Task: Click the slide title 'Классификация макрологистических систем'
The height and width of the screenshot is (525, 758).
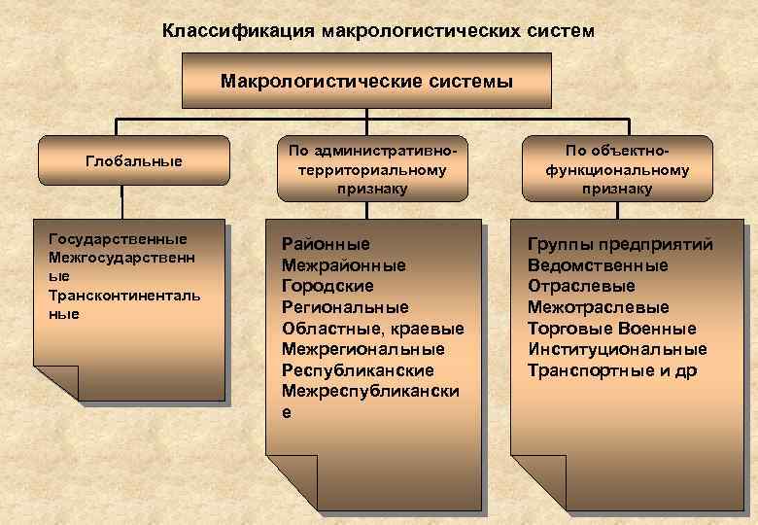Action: click(x=378, y=30)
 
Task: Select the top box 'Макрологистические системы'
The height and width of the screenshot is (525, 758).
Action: click(x=366, y=80)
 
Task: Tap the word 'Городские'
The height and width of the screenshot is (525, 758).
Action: click(x=327, y=286)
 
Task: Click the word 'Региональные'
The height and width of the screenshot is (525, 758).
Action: click(x=345, y=307)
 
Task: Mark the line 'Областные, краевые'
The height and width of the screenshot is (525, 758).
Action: click(x=373, y=329)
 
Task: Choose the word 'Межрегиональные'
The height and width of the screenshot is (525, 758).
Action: click(x=362, y=349)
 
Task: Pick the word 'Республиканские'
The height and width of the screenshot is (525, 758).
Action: click(x=358, y=370)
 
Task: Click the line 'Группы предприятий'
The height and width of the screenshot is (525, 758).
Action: click(x=620, y=244)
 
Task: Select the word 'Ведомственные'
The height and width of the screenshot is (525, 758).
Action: click(x=598, y=265)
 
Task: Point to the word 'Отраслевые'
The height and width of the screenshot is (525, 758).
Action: click(x=581, y=286)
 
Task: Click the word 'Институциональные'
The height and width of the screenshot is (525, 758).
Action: click(x=617, y=349)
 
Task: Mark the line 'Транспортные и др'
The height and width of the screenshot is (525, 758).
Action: click(x=612, y=370)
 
